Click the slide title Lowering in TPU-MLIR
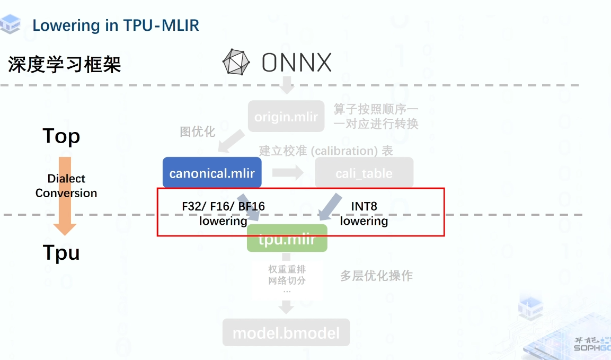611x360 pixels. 116,25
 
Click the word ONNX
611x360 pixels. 296,63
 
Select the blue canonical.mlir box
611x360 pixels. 212,173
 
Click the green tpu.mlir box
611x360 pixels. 287,240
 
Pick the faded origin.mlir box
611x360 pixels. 286,117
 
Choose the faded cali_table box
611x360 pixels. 364,173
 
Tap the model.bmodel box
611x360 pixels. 286,333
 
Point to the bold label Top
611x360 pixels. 61,136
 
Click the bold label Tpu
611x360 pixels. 61,253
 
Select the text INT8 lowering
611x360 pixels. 364,214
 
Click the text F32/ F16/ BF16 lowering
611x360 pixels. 223,214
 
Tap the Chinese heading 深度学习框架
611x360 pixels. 65,65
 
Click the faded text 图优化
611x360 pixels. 198,131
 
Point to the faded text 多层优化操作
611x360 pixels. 376,275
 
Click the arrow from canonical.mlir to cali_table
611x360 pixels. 288,173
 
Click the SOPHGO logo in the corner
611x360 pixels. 592,345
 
